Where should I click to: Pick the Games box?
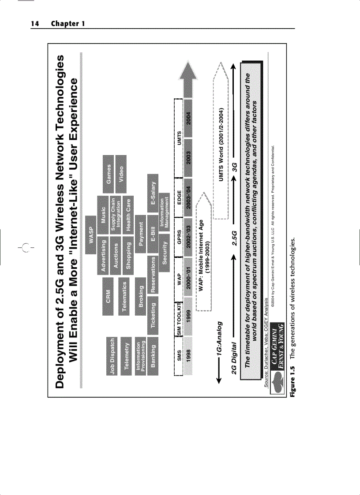(108, 174)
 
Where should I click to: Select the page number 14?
(34, 23)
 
